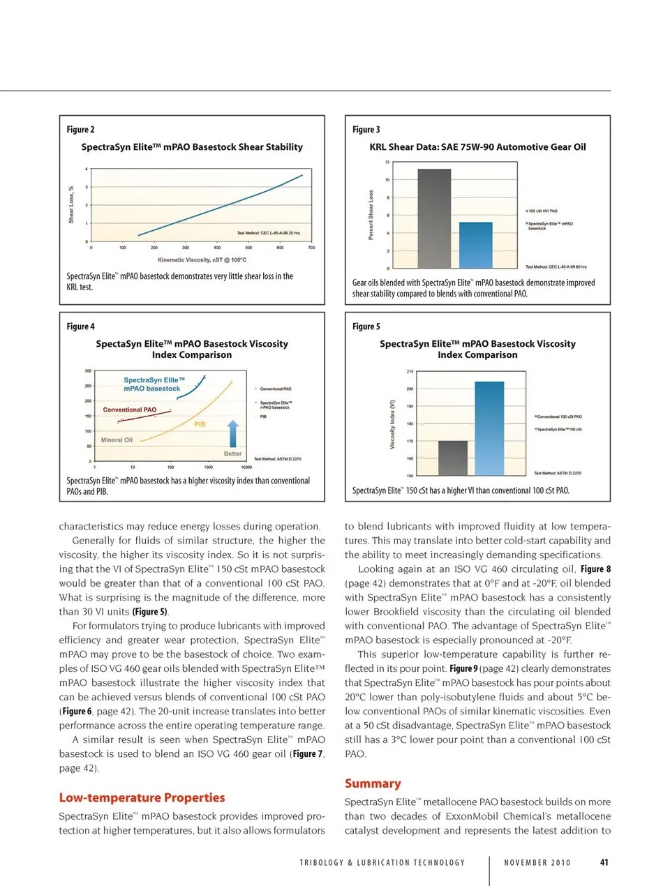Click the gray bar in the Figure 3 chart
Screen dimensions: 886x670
point(433,218)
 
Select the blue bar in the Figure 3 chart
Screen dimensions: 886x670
point(475,245)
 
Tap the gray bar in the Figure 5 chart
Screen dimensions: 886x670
point(452,458)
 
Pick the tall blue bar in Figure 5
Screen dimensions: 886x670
point(489,428)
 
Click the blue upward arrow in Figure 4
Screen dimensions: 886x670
point(233,433)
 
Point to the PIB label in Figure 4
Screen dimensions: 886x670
point(200,424)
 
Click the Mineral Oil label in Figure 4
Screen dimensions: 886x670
point(117,440)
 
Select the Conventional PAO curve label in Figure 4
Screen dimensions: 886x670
point(130,410)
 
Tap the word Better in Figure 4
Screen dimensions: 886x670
point(232,453)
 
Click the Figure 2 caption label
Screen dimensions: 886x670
point(80,130)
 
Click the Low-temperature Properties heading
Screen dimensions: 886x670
point(142,797)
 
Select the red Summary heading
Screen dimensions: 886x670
point(373,783)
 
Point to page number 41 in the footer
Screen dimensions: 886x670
point(604,862)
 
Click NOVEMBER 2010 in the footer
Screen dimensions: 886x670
point(537,863)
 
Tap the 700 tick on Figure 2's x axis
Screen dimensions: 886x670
point(311,248)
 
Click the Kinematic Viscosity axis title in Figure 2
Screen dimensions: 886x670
point(202,260)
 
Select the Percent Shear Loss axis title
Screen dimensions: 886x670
point(371,215)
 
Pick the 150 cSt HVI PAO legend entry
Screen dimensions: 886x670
point(543,211)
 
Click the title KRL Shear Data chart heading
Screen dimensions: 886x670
point(477,147)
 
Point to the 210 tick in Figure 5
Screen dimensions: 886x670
point(410,372)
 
